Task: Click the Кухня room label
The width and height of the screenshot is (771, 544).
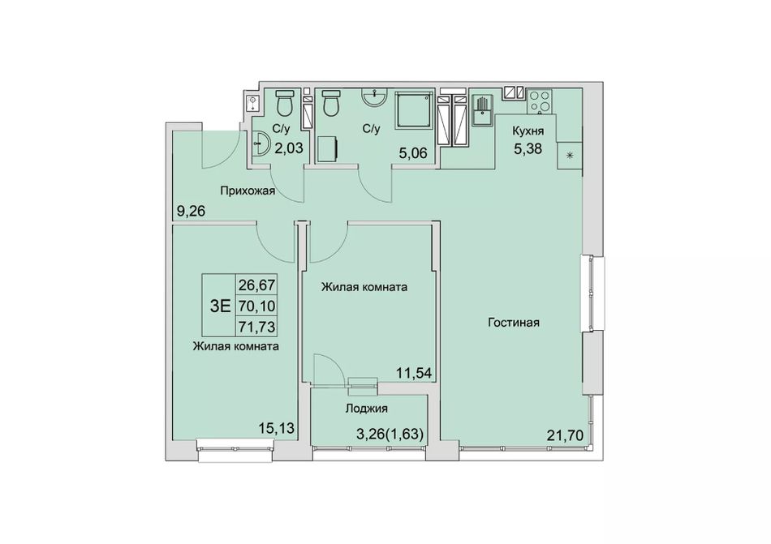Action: point(528,131)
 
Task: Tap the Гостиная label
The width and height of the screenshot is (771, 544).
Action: point(514,323)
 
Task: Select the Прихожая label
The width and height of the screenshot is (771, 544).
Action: point(248,191)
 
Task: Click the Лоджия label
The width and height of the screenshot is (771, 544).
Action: point(367,409)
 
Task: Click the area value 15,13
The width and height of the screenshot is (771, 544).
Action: point(276,429)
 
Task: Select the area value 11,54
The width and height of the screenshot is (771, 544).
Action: point(414,373)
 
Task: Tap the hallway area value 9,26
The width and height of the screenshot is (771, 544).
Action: point(190,212)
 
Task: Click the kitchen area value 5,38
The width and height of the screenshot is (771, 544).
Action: point(528,148)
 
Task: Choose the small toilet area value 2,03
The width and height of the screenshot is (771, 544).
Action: point(289,148)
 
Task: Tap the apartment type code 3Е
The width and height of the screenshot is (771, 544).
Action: point(220,306)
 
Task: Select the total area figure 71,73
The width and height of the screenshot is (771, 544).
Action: point(256,326)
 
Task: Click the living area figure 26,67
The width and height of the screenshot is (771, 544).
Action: point(256,285)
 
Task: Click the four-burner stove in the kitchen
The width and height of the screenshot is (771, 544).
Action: point(540,101)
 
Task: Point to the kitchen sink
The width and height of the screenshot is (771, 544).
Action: point(483,111)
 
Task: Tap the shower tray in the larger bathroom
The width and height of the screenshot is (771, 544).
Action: point(416,108)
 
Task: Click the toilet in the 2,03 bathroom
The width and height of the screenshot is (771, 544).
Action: point(284,101)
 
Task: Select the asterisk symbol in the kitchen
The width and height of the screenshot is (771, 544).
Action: point(570,156)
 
